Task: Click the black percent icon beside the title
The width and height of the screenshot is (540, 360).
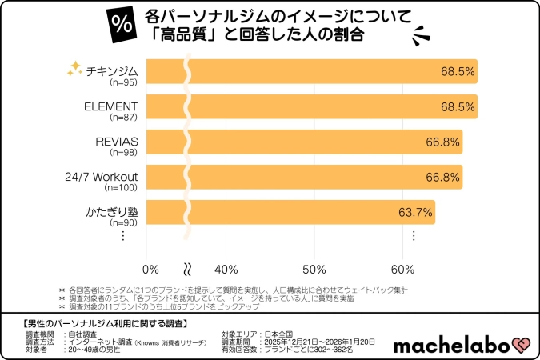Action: point(122,24)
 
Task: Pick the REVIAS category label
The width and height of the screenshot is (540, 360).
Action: point(117,142)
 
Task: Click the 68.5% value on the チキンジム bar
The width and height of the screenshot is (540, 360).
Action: point(458,71)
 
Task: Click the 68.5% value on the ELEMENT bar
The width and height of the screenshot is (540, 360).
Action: point(458,106)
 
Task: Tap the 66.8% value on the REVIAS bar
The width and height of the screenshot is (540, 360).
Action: point(443,142)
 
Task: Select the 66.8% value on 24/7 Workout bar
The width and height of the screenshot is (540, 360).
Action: point(443,177)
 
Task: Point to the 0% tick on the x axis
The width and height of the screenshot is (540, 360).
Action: point(150,268)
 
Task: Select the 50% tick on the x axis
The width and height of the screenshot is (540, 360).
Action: point(314,268)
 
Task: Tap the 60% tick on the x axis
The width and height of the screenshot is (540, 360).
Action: point(402,268)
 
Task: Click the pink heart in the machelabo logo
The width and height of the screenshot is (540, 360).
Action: point(521,345)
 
